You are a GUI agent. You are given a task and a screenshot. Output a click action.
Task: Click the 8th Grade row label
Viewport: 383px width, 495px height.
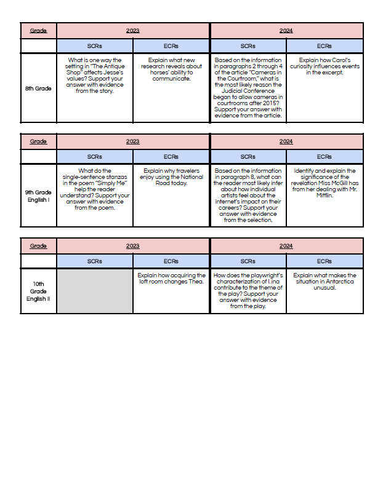tap(38, 89)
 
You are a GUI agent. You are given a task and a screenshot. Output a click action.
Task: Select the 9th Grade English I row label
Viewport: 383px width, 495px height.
tap(38, 196)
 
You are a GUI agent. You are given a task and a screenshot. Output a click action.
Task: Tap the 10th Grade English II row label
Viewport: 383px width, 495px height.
tap(38, 291)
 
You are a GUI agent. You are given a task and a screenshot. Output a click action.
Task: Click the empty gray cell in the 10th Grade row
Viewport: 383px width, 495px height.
tap(95, 291)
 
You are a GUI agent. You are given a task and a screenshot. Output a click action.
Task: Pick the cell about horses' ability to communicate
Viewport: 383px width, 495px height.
tap(171, 69)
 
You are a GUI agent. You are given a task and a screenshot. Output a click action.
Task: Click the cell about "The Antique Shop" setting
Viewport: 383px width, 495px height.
tap(95, 76)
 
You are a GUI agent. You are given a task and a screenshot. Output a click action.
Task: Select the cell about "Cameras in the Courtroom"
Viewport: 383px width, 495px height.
tap(248, 87)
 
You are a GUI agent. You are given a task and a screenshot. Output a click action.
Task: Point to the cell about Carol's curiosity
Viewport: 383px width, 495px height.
tap(324, 66)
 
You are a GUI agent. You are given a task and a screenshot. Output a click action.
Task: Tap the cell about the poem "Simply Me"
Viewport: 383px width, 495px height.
tap(95, 189)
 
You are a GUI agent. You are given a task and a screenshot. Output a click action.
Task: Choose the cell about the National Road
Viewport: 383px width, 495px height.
tap(171, 177)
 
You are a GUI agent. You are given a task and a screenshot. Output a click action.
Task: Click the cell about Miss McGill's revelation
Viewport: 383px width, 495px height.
tap(324, 183)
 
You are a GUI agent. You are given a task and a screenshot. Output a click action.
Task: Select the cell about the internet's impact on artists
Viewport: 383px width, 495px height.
tap(248, 195)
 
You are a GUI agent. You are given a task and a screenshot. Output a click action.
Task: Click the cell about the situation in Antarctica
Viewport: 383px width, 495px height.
tap(324, 281)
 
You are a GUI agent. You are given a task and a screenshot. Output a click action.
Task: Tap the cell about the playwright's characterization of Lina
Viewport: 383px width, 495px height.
tap(248, 290)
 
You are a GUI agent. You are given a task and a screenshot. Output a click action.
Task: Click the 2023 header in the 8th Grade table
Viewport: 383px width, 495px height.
tap(133, 30)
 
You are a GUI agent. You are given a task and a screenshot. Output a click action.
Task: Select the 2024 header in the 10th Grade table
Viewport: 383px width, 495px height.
tap(286, 245)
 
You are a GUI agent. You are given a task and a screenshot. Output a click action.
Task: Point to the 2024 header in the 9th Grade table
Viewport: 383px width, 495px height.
tap(286, 141)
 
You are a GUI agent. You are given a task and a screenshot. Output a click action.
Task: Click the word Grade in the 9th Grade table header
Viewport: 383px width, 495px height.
tap(38, 141)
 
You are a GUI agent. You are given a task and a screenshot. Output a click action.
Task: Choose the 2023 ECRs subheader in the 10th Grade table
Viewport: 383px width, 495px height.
tap(171, 261)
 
